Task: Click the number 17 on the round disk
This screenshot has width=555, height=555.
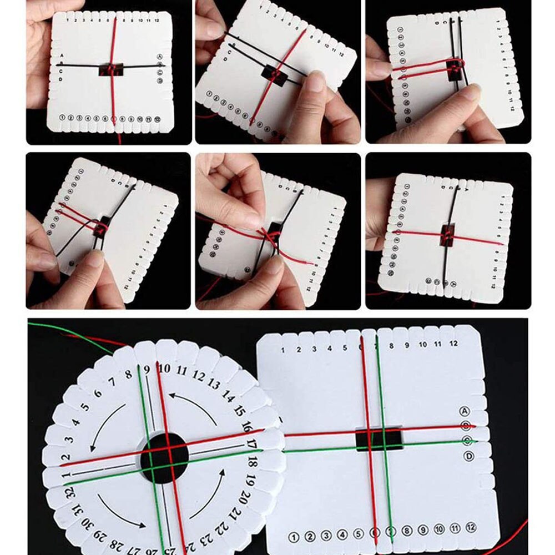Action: (x=251, y=444)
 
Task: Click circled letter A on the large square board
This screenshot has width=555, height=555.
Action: (x=466, y=411)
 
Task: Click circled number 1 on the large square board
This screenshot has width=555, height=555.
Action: (x=294, y=537)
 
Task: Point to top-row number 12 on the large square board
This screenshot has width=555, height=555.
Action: (x=453, y=344)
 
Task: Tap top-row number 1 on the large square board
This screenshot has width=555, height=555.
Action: (x=282, y=350)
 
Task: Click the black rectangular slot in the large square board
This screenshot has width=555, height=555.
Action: (x=379, y=439)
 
